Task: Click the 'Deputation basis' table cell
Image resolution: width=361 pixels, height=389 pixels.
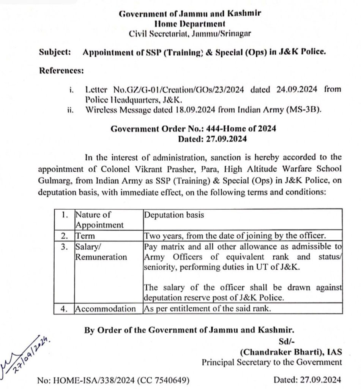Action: (x=174, y=215)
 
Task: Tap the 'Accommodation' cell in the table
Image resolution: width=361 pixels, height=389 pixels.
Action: (x=105, y=308)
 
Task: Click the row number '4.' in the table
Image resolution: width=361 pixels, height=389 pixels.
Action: (x=64, y=308)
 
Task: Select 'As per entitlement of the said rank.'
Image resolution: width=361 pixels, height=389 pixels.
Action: (x=207, y=308)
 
